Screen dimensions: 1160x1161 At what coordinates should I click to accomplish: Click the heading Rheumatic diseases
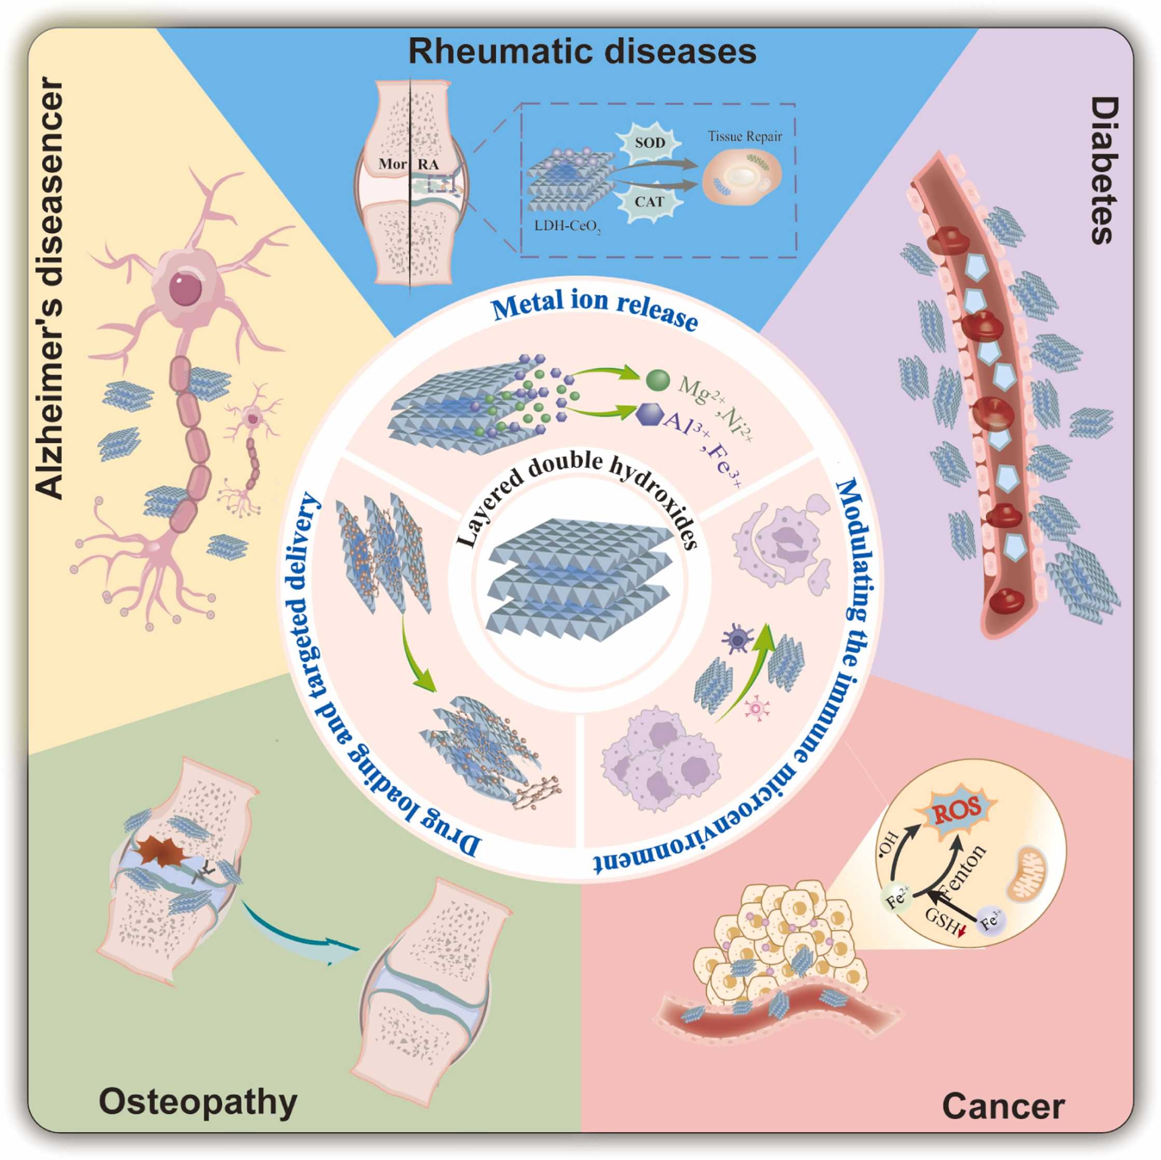click(582, 52)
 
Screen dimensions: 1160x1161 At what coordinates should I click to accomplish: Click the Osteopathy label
click(198, 1102)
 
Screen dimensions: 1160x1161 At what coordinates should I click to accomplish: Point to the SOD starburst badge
click(650, 143)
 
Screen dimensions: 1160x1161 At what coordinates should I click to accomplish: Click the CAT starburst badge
click(649, 202)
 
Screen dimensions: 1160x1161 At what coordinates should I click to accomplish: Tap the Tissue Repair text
click(744, 136)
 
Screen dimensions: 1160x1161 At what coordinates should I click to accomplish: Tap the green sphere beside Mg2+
click(658, 380)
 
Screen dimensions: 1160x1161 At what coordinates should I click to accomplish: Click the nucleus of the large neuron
click(185, 289)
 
